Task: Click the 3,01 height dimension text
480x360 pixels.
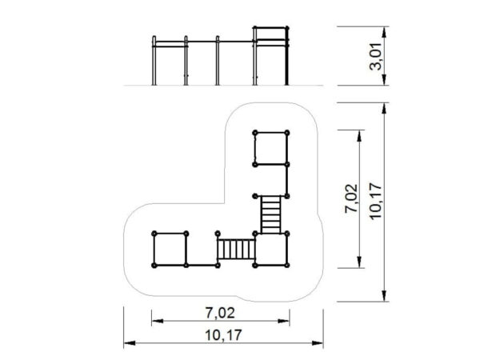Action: click(376, 57)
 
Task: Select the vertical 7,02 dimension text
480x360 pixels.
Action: click(351, 198)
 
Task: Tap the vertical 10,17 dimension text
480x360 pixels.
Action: click(376, 201)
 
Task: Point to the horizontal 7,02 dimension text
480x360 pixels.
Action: click(220, 313)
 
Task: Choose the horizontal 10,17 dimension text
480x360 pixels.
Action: click(223, 335)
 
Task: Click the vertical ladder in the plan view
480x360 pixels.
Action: click(271, 215)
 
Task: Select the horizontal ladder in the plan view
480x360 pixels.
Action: click(236, 249)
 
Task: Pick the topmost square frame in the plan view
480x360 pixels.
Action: click(271, 149)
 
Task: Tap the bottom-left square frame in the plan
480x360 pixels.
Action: click(170, 250)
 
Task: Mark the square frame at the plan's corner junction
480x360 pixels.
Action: click(271, 250)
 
